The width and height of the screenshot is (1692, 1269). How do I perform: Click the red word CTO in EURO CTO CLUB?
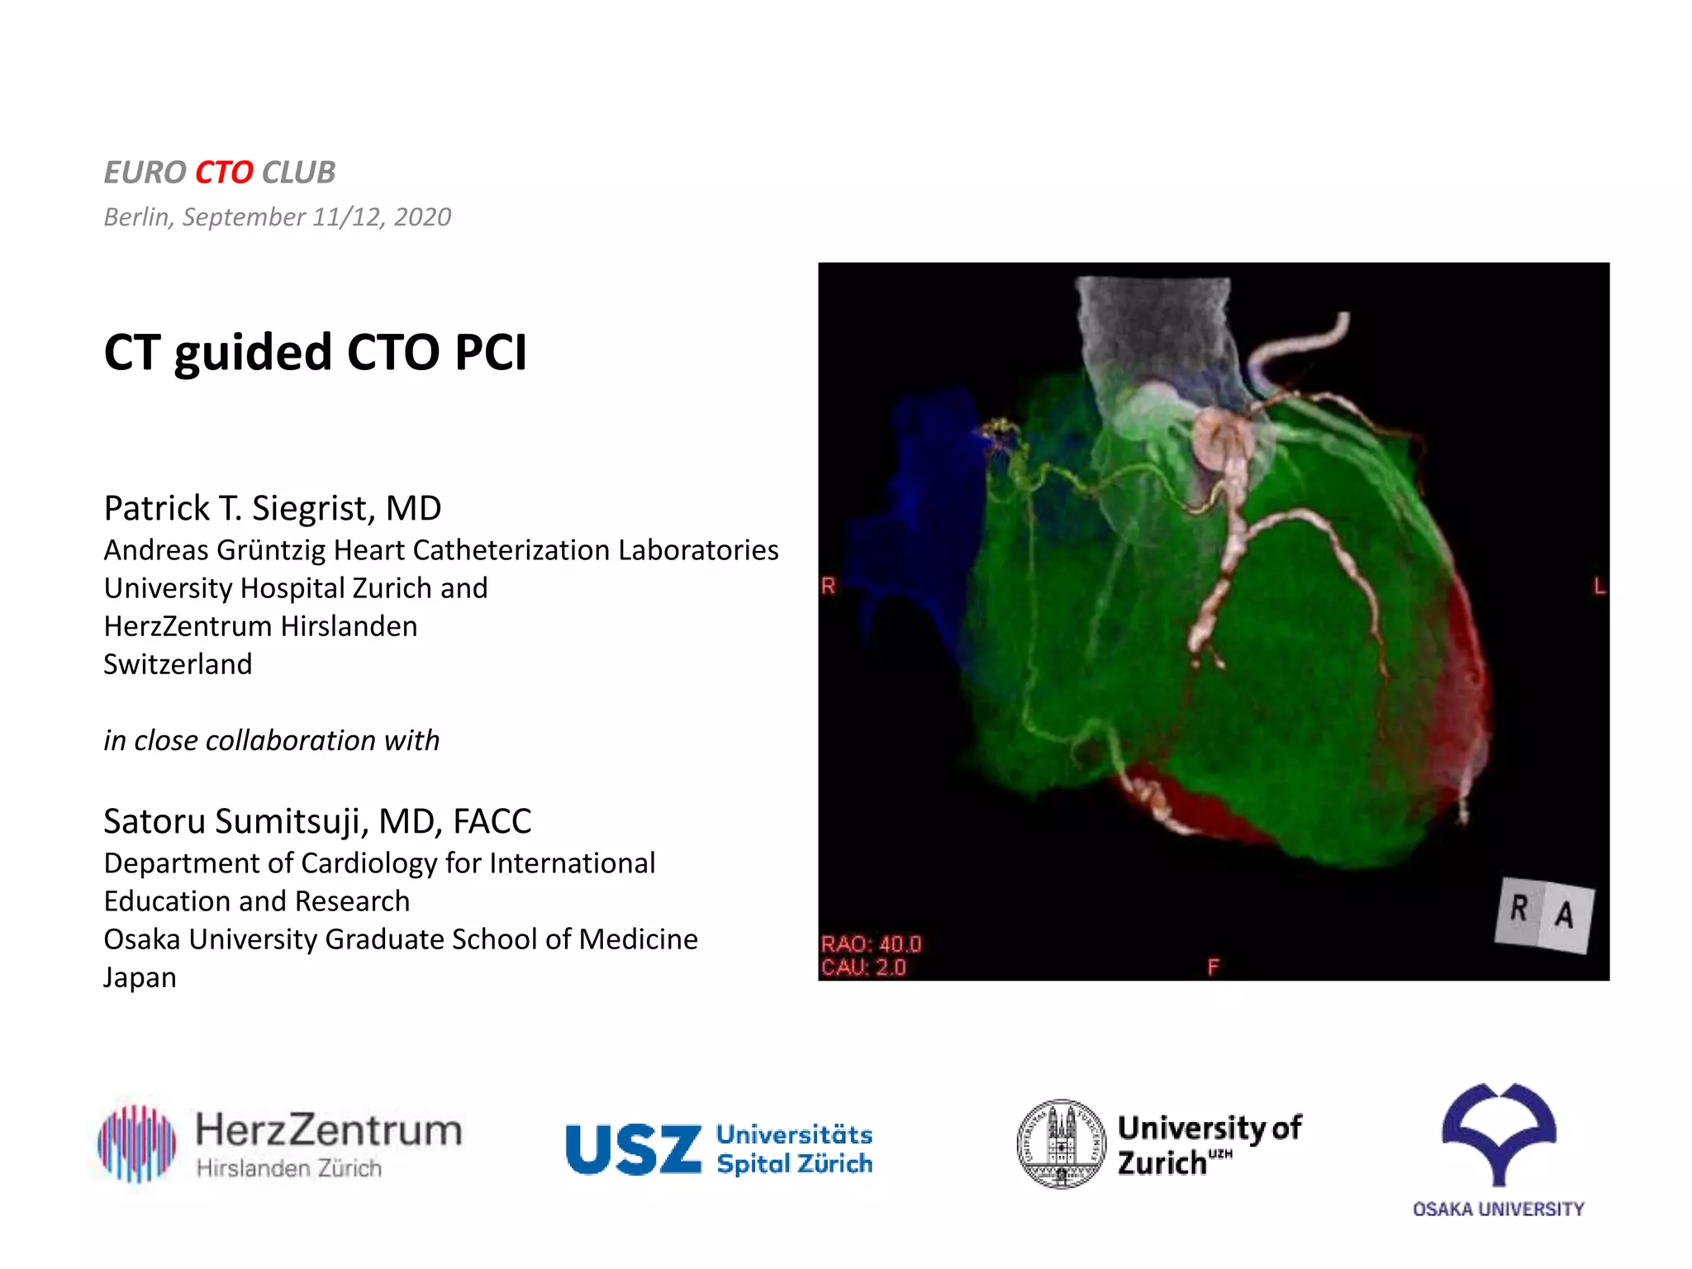click(x=224, y=173)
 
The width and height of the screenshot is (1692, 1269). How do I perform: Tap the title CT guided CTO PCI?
click(x=315, y=353)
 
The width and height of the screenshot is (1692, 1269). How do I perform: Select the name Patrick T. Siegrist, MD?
click(x=273, y=508)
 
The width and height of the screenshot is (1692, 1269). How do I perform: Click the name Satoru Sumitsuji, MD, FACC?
click(x=317, y=821)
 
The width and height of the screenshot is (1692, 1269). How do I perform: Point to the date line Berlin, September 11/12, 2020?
click(x=278, y=217)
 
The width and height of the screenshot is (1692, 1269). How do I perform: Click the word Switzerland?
click(x=178, y=664)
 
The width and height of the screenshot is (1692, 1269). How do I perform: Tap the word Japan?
click(x=140, y=977)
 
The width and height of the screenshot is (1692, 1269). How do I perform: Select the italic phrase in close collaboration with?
click(x=271, y=740)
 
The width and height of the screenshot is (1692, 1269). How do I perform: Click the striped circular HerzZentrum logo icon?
click(x=137, y=1143)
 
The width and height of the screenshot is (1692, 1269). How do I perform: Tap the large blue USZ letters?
click(x=633, y=1149)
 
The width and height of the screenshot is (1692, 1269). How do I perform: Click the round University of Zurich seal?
click(x=1061, y=1144)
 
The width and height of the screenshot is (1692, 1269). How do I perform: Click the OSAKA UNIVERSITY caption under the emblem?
click(x=1498, y=1210)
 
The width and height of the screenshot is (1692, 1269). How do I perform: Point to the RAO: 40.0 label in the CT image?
click(x=871, y=944)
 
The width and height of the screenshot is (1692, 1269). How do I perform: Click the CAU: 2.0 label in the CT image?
click(x=863, y=967)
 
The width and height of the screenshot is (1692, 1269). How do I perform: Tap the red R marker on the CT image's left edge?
click(x=829, y=587)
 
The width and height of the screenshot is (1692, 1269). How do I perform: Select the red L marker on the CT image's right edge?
click(x=1599, y=587)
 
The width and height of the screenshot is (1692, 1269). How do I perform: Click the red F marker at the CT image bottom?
click(x=1213, y=967)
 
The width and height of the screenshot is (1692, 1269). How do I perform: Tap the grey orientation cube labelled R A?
click(x=1543, y=914)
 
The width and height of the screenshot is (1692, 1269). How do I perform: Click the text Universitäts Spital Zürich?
click(x=794, y=1149)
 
